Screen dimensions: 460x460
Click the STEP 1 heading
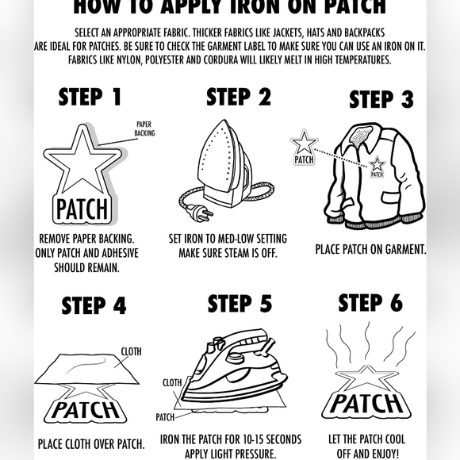pyautogui.click(x=90, y=97)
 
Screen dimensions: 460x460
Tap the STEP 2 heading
pyautogui.click(x=239, y=97)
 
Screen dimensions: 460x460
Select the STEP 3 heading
pyautogui.click(x=381, y=99)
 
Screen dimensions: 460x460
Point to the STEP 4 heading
pyautogui.click(x=94, y=305)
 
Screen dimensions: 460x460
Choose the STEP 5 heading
pyautogui.click(x=240, y=303)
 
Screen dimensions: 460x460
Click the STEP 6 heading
pyautogui.click(x=370, y=302)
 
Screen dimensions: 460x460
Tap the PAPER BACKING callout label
pyautogui.click(x=144, y=128)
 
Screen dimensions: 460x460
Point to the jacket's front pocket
pyautogui.click(x=393, y=197)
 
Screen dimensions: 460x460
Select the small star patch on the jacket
pyautogui.click(x=377, y=167)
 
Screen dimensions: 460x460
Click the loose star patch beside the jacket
pyautogui.click(x=304, y=148)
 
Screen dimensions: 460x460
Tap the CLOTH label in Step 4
pyautogui.click(x=131, y=351)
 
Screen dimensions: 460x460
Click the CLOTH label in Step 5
pyautogui.click(x=172, y=383)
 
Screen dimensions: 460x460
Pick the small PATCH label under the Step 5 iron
pyautogui.click(x=165, y=417)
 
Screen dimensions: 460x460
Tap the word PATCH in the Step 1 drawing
pyautogui.click(x=82, y=209)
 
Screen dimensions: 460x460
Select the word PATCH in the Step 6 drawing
pyautogui.click(x=367, y=404)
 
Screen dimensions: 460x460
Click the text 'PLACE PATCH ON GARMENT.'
pyautogui.click(x=371, y=249)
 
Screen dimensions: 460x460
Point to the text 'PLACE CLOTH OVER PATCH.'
pyautogui.click(x=91, y=444)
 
